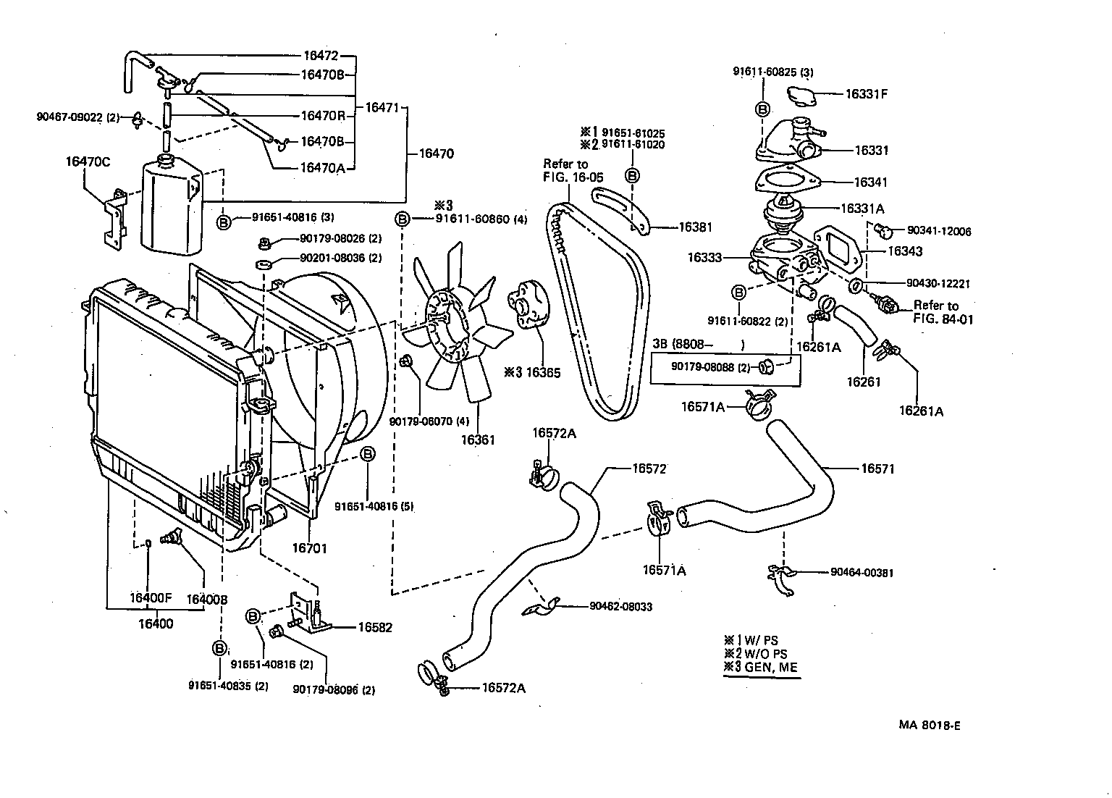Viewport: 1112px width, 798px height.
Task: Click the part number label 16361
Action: point(478,440)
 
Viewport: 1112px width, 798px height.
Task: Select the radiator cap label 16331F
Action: point(867,93)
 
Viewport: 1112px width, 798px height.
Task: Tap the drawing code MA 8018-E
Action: point(930,725)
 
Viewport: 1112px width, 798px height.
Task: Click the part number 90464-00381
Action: point(862,572)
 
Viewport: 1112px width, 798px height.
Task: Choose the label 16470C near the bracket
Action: point(88,161)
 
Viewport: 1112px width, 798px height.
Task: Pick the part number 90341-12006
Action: point(939,231)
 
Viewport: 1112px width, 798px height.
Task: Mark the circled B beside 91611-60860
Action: point(403,219)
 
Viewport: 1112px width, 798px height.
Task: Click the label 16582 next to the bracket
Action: point(375,627)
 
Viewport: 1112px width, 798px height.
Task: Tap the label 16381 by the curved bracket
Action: point(695,227)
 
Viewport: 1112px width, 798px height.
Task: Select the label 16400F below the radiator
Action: point(151,598)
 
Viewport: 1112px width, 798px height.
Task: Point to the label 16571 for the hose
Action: point(877,469)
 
